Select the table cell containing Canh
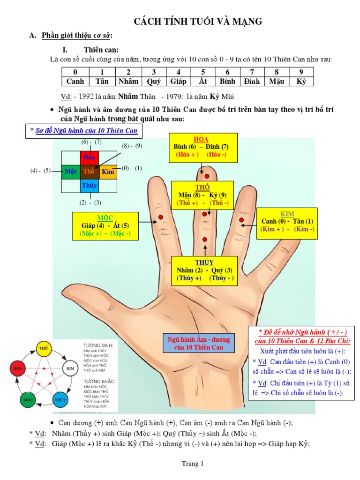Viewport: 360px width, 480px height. pos(75,81)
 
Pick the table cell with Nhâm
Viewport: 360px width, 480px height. pos(128,81)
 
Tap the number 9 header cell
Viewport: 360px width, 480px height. pos(301,72)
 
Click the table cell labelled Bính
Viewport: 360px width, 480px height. pos(227,81)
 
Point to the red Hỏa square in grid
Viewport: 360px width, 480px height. pos(89,157)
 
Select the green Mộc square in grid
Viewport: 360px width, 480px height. pos(71,172)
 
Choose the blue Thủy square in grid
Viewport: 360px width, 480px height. pos(89,186)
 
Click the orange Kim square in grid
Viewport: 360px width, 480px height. pos(107,172)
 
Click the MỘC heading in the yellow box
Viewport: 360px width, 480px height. pos(105,218)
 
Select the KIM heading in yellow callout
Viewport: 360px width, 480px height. pos(287,214)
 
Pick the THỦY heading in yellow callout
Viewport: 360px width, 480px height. pos(204,262)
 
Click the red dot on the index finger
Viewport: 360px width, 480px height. pos(160,217)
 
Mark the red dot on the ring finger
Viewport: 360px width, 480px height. pos(242,220)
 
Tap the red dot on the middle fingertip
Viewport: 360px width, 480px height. pos(207,177)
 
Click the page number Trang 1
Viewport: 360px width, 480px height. pos(193,464)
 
